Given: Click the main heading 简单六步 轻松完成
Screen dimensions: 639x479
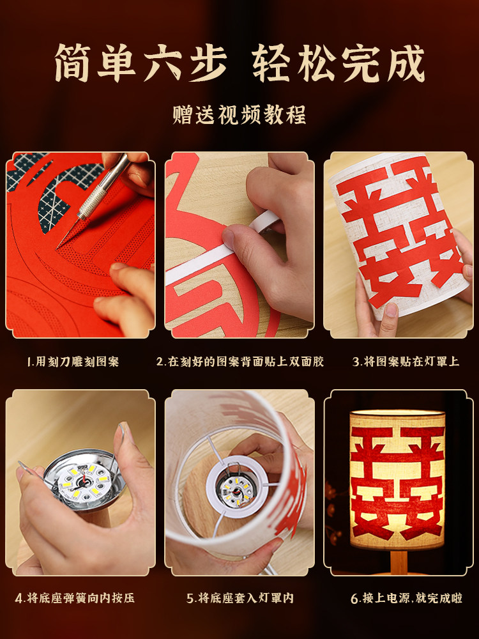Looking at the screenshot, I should click(240, 62).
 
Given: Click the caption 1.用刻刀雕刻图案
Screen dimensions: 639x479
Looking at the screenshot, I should click(73, 362).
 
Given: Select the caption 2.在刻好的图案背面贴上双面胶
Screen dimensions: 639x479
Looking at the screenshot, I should click(240, 362).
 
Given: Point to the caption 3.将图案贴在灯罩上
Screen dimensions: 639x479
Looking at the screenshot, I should click(406, 362).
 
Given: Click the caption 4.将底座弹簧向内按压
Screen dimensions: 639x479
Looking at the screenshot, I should click(75, 599).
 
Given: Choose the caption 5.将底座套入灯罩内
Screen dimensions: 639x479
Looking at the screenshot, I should click(240, 599).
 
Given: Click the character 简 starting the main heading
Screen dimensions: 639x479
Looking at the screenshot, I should click(75, 63).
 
